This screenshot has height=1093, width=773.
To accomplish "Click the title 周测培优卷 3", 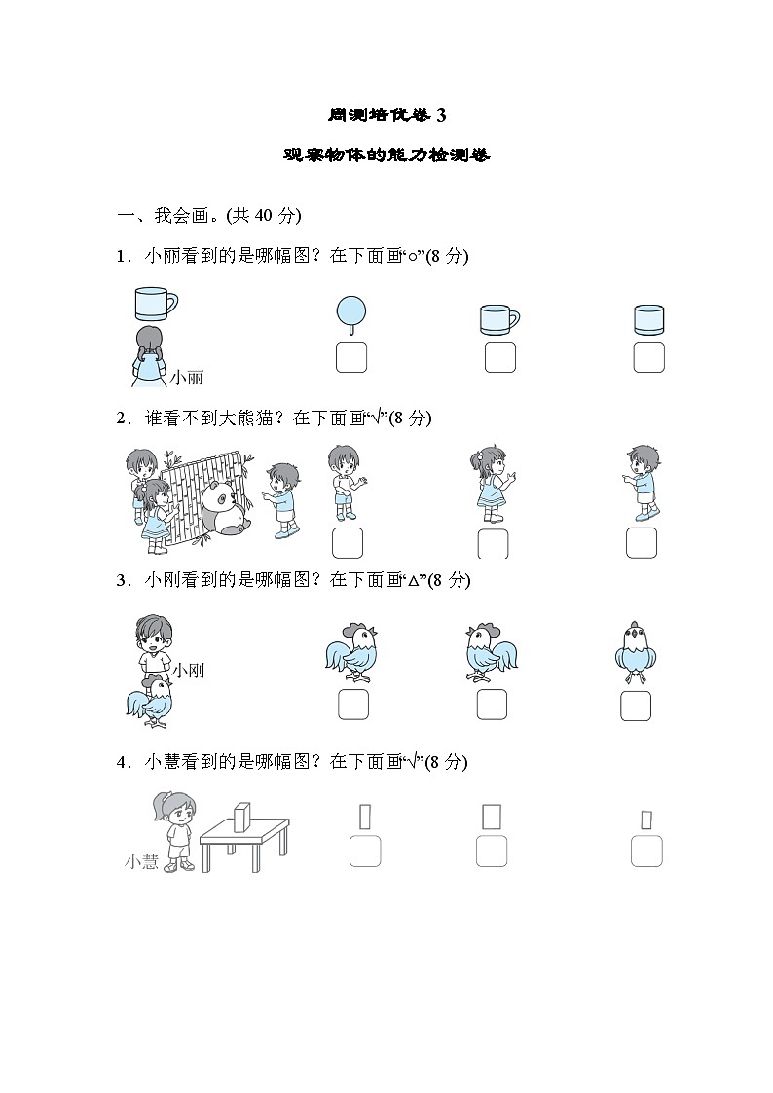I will pyautogui.click(x=386, y=116).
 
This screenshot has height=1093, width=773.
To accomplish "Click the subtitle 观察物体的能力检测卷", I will pyautogui.click(x=386, y=155).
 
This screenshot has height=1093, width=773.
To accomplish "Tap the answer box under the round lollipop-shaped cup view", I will pyautogui.click(x=350, y=357).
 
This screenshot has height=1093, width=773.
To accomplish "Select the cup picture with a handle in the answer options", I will pyautogui.click(x=498, y=320).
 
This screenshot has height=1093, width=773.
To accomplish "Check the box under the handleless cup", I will pyautogui.click(x=648, y=357).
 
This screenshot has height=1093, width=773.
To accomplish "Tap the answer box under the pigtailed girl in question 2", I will pyautogui.click(x=493, y=542).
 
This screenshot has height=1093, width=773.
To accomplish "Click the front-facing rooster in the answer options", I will pyautogui.click(x=635, y=649).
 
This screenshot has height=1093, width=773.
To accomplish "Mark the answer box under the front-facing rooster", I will pyautogui.click(x=635, y=705).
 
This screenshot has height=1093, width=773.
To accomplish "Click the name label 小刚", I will pyautogui.click(x=188, y=671).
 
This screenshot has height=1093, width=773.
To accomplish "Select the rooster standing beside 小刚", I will pyautogui.click(x=149, y=703).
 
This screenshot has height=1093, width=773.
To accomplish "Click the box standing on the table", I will pyautogui.click(x=242, y=818).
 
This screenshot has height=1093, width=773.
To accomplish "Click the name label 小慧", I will pyautogui.click(x=142, y=860).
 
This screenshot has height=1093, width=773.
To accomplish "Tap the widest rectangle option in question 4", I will pyautogui.click(x=492, y=815).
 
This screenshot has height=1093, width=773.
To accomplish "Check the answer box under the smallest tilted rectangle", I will pyautogui.click(x=646, y=852).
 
